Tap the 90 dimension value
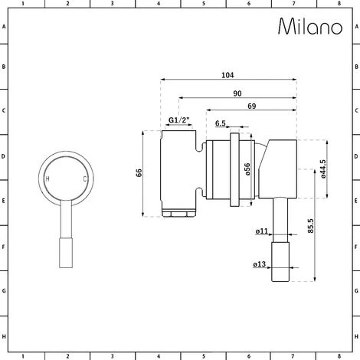pyautogui.click(x=240, y=93)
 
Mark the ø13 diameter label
pyautogui.click(x=260, y=266)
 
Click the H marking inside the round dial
pyautogui.click(x=48, y=178)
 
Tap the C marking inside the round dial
pyautogui.click(x=84, y=178)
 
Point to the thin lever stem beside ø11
pyautogui.click(x=281, y=221)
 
